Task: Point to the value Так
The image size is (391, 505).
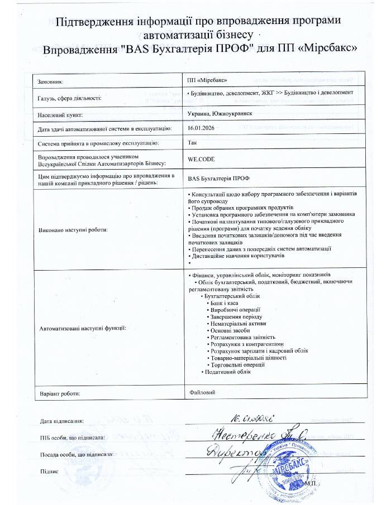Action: point(193,143)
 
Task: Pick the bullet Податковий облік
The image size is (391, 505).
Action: point(225,372)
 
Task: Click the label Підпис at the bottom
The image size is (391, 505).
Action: point(50,472)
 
